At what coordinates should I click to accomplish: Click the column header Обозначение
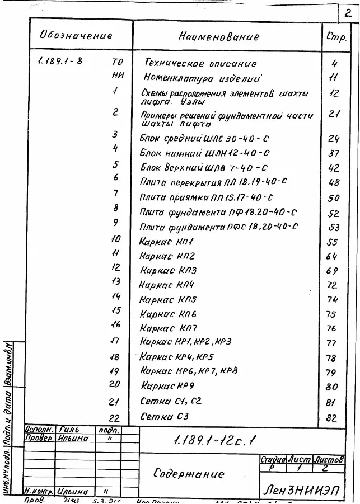(x=76, y=35)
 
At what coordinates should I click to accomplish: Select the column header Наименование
(x=219, y=37)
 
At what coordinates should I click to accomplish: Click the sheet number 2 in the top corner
(x=349, y=12)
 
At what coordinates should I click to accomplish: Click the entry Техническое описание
(x=200, y=64)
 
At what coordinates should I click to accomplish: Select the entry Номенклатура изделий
(x=203, y=78)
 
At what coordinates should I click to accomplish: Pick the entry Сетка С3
(x=165, y=416)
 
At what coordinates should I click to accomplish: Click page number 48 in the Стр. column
(x=334, y=182)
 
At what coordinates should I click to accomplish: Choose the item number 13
(x=116, y=282)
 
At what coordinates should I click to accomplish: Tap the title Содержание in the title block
(x=189, y=474)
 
